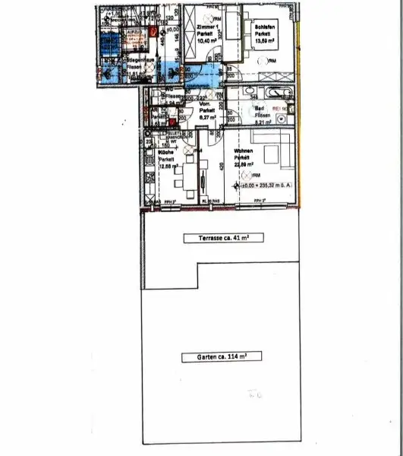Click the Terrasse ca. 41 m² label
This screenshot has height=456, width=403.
(x=219, y=239)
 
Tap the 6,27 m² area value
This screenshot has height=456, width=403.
(x=206, y=117)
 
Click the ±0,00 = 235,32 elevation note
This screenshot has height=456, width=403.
(x=264, y=185)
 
